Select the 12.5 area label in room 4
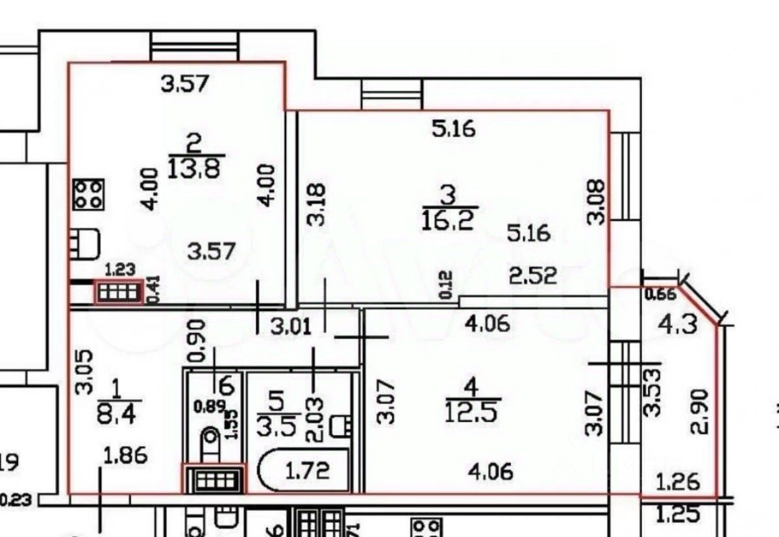[471, 412]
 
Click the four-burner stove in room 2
[88, 194]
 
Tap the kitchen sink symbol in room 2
[86, 242]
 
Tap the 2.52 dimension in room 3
[533, 276]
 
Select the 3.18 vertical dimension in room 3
[316, 205]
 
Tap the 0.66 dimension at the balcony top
[660, 294]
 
